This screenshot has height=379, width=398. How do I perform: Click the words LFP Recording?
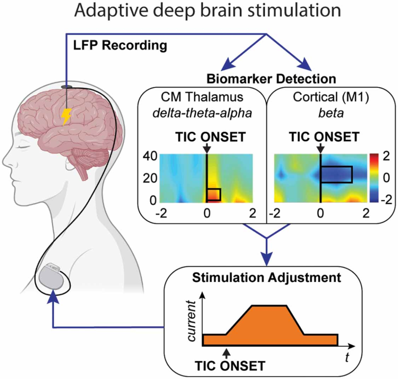coord(120,46)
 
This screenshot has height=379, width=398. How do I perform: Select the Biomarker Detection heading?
coord(271,79)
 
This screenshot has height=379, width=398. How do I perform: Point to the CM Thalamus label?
coord(202,97)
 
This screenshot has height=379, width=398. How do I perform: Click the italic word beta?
coord(331,113)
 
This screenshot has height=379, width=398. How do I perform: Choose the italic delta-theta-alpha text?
coord(202,113)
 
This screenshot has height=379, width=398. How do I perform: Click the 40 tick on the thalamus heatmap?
coord(150,156)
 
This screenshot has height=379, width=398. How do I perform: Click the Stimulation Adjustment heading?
coord(266,277)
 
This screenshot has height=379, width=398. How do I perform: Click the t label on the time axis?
coord(347,357)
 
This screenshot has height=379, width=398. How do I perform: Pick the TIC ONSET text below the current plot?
coord(230,366)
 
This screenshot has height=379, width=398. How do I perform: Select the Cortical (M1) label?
coord(331,97)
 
